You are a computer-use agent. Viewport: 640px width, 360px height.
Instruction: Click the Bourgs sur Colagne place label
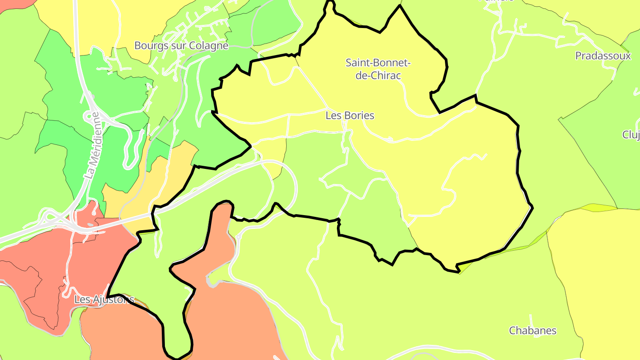[181, 46]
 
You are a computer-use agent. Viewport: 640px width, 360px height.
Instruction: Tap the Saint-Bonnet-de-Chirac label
[378, 69]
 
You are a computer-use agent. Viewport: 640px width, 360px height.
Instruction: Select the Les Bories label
[350, 116]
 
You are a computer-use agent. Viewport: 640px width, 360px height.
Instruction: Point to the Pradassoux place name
[603, 56]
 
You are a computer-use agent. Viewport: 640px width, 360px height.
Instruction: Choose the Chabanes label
[532, 331]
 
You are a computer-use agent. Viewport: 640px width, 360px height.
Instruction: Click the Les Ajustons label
[104, 300]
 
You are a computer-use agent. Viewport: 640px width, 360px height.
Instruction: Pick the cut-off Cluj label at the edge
[631, 135]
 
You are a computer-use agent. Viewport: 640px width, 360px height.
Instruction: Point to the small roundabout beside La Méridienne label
[92, 116]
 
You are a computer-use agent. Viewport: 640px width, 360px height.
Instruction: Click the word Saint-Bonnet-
[378, 63]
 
